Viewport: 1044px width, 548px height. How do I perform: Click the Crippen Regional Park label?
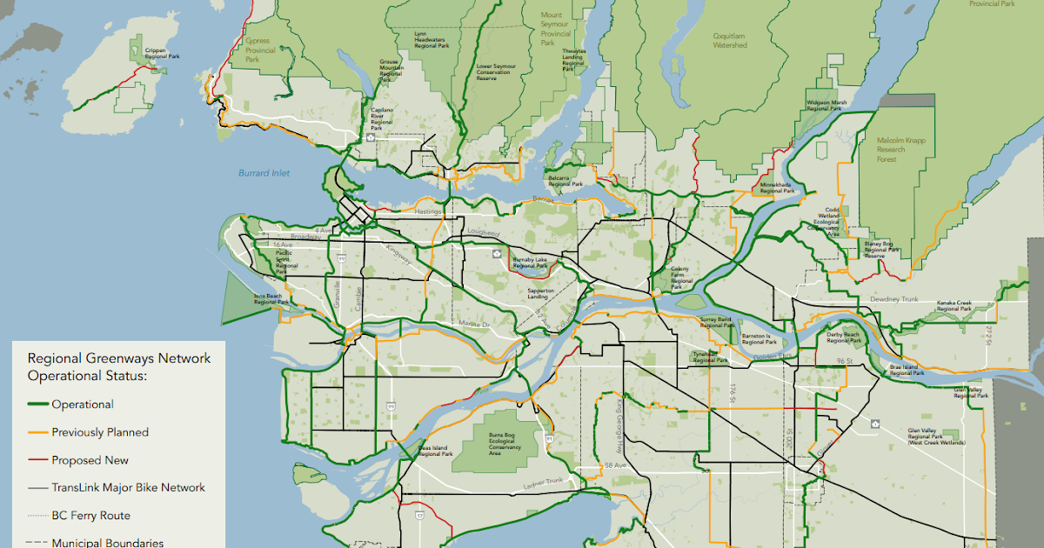[x=162, y=54]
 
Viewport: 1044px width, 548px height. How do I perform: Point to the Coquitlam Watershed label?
[x=730, y=40]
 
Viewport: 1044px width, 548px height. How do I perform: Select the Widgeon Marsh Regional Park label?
[x=826, y=106]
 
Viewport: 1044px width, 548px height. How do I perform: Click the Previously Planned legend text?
[x=99, y=432]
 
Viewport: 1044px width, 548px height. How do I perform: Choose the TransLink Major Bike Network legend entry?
[x=128, y=488]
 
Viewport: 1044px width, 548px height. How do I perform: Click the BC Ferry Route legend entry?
[x=90, y=516]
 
